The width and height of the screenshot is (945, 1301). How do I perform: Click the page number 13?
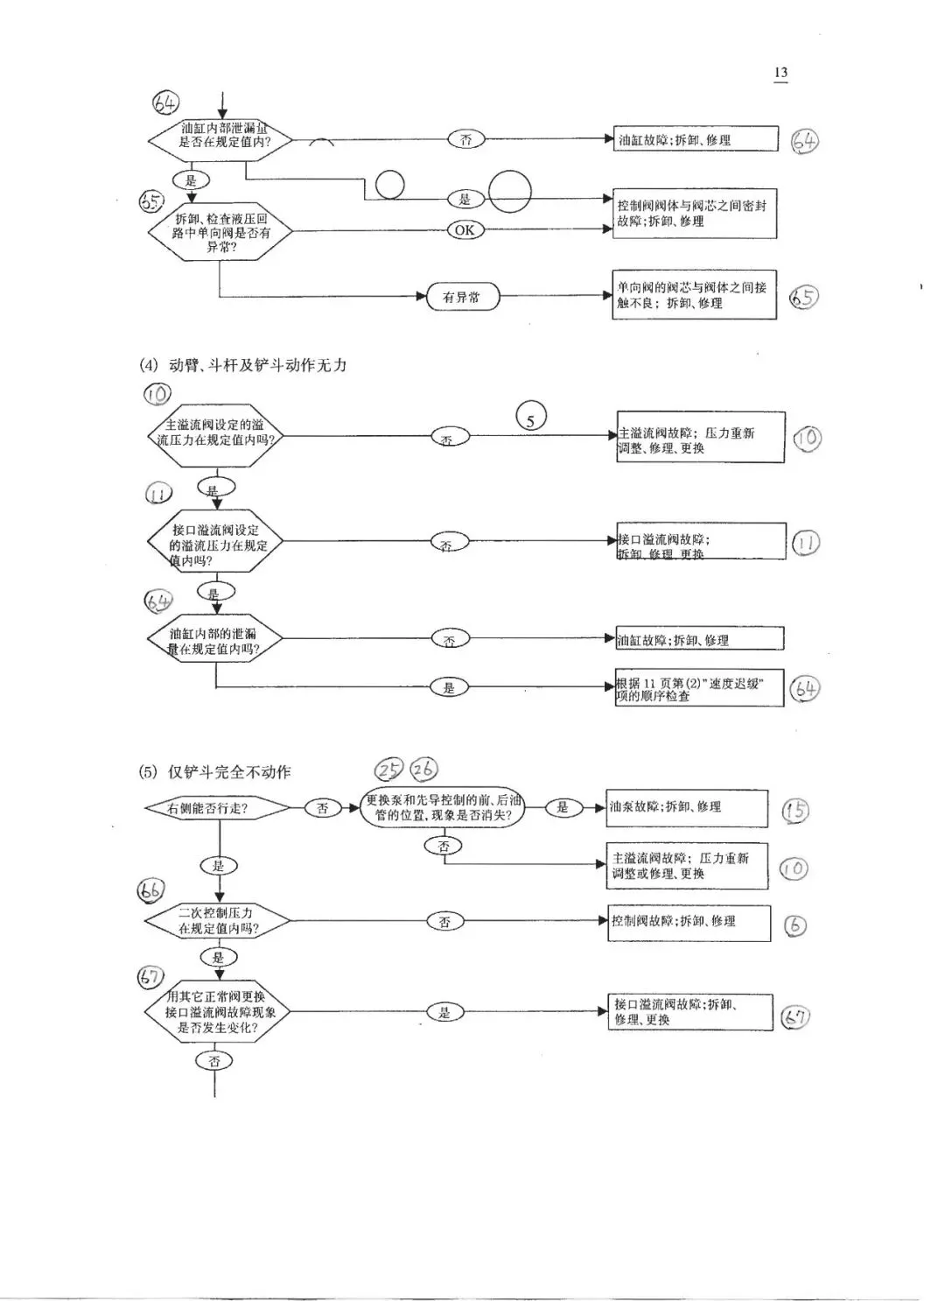(x=780, y=73)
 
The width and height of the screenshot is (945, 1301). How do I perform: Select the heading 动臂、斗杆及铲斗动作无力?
(x=257, y=364)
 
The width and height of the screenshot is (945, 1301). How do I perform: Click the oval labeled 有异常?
(x=461, y=297)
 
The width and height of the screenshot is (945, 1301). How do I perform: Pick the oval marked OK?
(x=465, y=230)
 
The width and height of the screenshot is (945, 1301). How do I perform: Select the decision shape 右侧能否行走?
(x=217, y=808)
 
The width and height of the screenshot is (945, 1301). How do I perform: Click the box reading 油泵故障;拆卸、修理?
(x=687, y=807)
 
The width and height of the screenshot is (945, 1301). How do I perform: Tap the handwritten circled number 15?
(x=794, y=811)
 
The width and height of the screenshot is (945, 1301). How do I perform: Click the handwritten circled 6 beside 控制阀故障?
(x=794, y=925)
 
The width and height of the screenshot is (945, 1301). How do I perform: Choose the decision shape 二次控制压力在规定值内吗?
(x=217, y=920)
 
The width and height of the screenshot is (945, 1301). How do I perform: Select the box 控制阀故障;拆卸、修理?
(x=689, y=922)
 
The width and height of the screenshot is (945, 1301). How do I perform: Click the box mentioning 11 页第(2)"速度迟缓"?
(x=699, y=690)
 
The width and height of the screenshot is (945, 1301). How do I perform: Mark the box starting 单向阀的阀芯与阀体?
(x=693, y=295)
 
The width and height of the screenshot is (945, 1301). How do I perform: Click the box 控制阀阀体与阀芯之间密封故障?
(x=694, y=214)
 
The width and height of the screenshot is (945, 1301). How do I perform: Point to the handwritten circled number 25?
(x=388, y=770)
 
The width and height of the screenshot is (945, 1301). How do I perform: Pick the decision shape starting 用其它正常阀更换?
(x=215, y=1012)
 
